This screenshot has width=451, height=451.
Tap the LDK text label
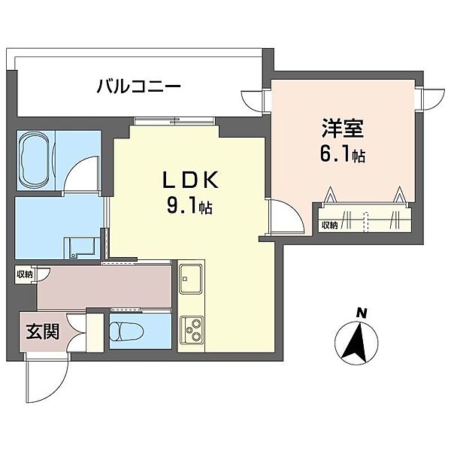[191, 181]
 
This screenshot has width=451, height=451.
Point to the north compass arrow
[356, 342]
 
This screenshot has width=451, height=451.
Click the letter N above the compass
[361, 312]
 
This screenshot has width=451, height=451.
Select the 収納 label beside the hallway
[24, 274]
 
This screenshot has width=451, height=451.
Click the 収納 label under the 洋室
[329, 224]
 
